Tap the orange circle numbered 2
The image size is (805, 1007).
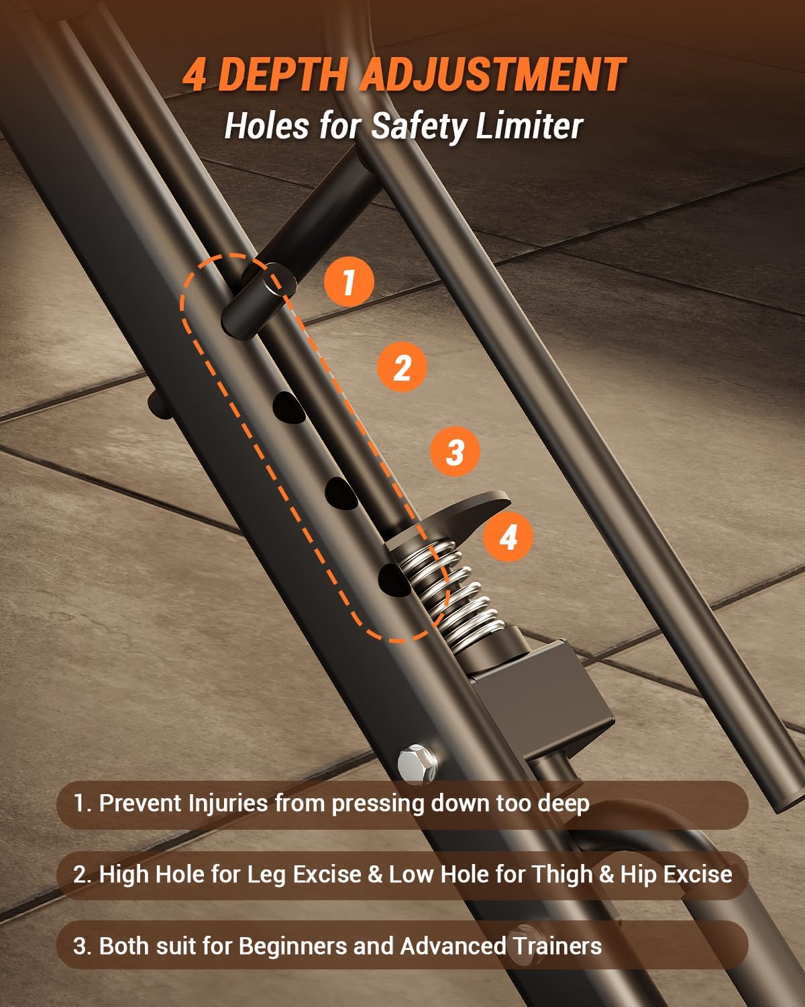[401, 367]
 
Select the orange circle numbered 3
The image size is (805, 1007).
[455, 451]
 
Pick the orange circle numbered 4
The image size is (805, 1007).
[508, 537]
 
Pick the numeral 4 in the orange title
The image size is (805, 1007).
[195, 75]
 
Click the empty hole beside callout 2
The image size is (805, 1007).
[287, 407]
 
